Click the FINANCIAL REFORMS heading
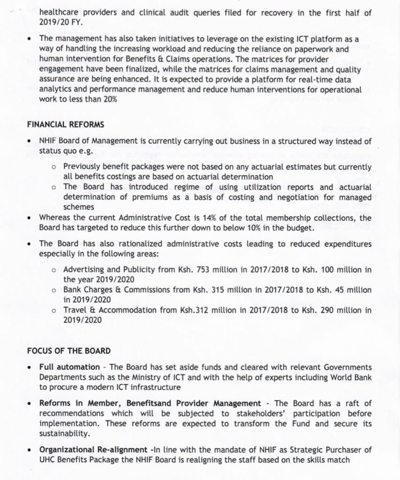coord(66,125)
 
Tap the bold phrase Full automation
coord(69,367)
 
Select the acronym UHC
coord(48,460)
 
